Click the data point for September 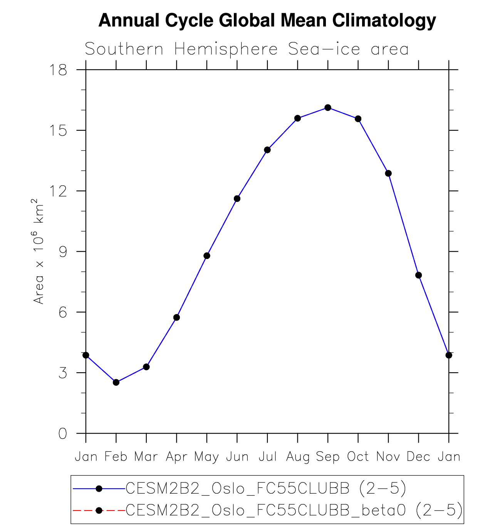[328, 108]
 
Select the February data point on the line [116, 382]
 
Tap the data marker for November [388, 173]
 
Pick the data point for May [207, 256]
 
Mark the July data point [267, 150]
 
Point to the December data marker [419, 275]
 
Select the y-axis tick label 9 [62, 252]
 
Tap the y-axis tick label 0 [62, 434]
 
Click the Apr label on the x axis [176, 457]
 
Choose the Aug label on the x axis [298, 457]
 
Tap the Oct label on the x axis [358, 457]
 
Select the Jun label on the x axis [237, 457]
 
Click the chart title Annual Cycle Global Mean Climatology [267, 20]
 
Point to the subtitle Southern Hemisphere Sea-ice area [247, 49]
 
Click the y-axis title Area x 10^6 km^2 [39, 252]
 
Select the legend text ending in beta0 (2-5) [294, 510]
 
